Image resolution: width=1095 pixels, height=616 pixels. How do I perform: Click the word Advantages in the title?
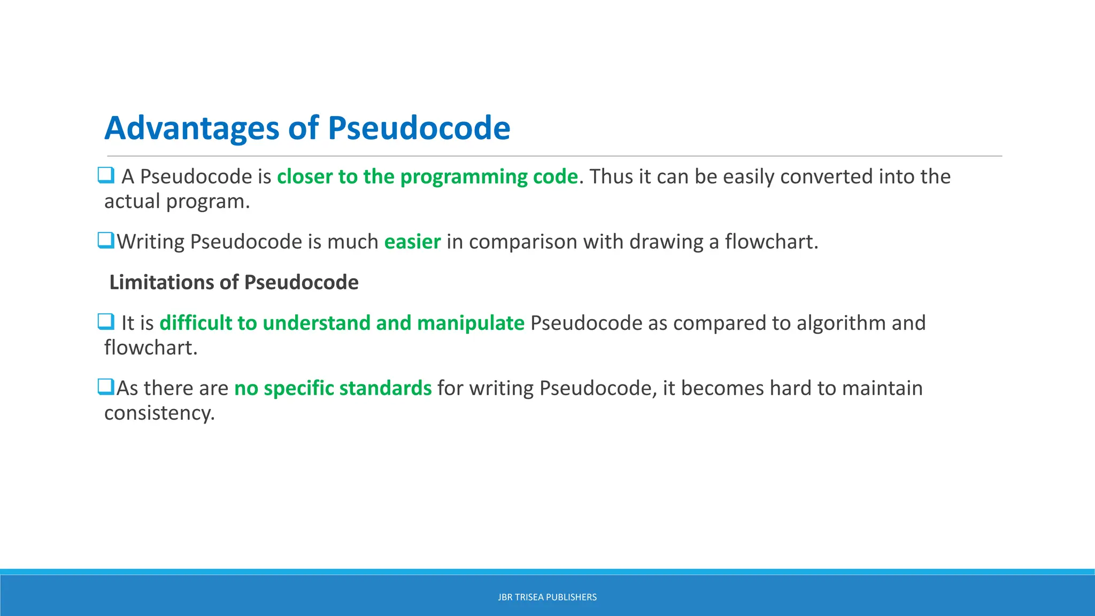click(x=192, y=128)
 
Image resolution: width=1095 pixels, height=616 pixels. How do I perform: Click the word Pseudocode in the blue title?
click(x=419, y=128)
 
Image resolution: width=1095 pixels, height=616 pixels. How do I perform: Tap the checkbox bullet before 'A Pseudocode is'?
click(x=106, y=175)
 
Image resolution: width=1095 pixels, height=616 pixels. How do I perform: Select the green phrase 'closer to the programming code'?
click(x=427, y=176)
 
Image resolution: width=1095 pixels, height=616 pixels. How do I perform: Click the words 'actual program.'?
click(x=177, y=202)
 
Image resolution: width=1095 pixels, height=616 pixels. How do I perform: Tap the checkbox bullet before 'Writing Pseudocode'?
click(x=106, y=240)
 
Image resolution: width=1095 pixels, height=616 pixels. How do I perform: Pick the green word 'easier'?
click(x=412, y=242)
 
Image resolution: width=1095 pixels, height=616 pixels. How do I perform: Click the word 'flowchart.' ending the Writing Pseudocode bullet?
click(x=772, y=242)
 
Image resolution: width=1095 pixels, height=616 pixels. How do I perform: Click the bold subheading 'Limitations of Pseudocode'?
click(x=234, y=282)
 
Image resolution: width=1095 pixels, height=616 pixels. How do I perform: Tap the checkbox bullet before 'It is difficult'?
click(x=106, y=321)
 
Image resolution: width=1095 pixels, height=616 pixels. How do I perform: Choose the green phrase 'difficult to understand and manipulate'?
click(x=342, y=323)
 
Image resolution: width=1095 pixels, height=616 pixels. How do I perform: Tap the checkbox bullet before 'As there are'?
click(x=106, y=387)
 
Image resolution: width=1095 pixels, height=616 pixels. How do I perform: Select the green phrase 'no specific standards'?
click(x=333, y=388)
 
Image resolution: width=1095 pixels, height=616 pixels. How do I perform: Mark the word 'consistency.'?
click(x=159, y=413)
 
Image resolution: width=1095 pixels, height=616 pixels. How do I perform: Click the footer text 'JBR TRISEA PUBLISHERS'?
click(x=547, y=597)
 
